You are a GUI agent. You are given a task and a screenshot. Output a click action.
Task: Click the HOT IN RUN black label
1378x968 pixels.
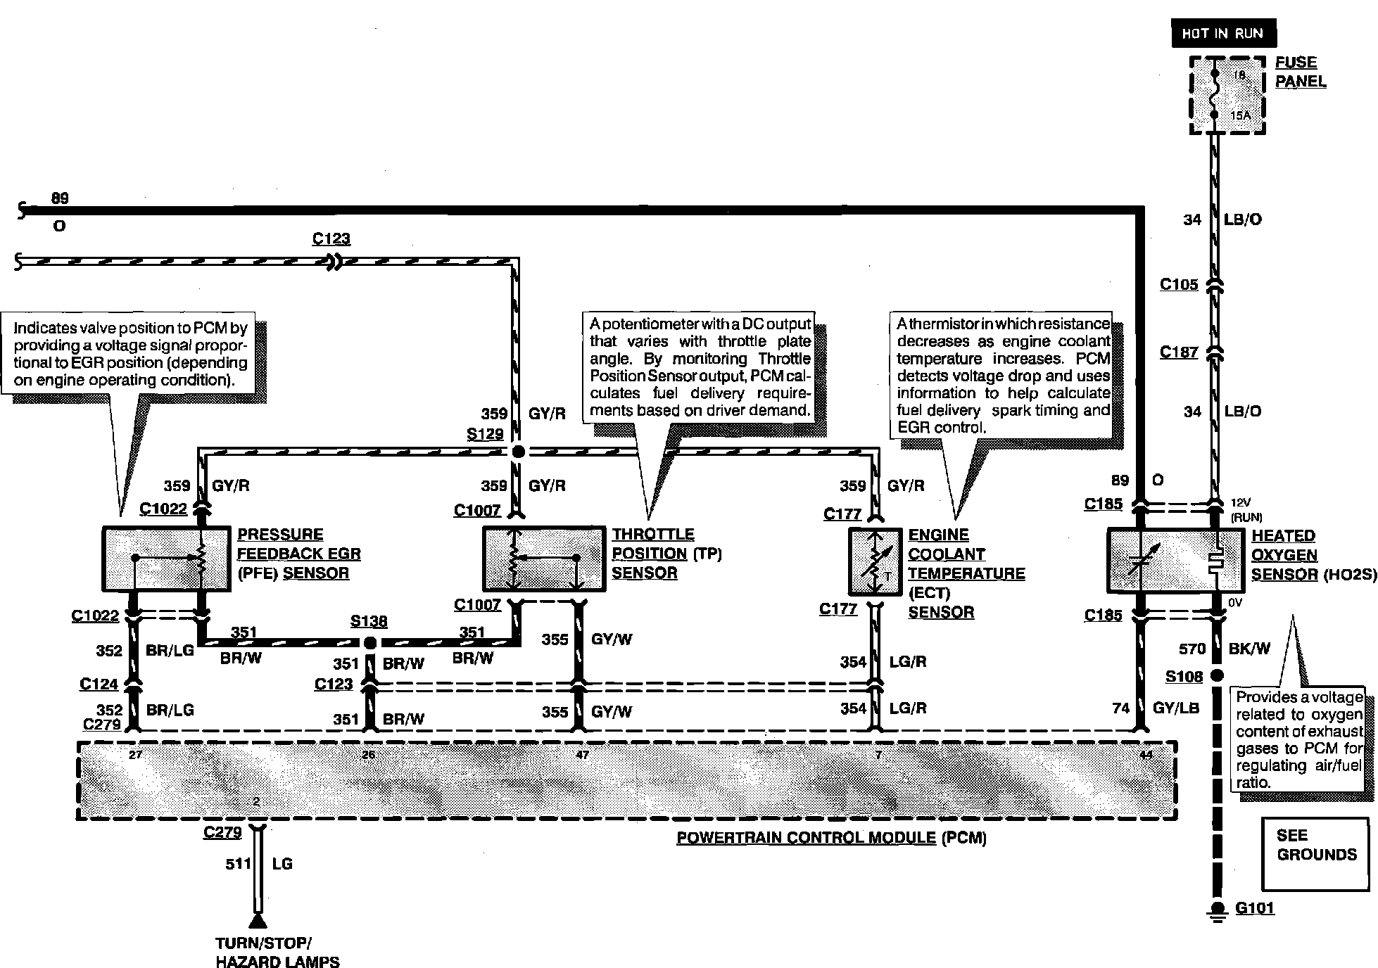1223,33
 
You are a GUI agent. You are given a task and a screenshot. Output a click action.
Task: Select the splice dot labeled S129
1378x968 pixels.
518,452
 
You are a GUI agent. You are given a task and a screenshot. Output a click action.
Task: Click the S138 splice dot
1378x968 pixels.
369,642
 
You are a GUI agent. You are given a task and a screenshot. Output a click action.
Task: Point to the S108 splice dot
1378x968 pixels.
1216,676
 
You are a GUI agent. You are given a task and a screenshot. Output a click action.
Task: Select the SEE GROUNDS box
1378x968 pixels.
1316,854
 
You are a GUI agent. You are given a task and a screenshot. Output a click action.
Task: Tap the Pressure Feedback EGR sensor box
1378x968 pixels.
166,559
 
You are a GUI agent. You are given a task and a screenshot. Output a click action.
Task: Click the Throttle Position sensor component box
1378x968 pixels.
543,559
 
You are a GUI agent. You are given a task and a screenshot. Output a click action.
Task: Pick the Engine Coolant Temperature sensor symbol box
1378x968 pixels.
875,561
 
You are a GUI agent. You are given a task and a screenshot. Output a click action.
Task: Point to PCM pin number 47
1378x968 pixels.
582,756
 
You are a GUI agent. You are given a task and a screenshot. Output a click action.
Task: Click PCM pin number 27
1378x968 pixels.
135,756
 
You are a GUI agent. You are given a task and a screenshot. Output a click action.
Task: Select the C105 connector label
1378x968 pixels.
1179,285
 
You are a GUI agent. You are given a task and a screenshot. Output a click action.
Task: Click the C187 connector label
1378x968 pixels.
1179,352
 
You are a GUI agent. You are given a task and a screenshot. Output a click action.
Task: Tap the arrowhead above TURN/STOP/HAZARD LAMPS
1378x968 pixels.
258,921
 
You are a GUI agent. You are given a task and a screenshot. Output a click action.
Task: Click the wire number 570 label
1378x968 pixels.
1192,649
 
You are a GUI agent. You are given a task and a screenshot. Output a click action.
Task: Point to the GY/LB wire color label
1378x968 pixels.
1175,708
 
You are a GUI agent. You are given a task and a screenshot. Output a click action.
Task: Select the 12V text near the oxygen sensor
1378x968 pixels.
1240,503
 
